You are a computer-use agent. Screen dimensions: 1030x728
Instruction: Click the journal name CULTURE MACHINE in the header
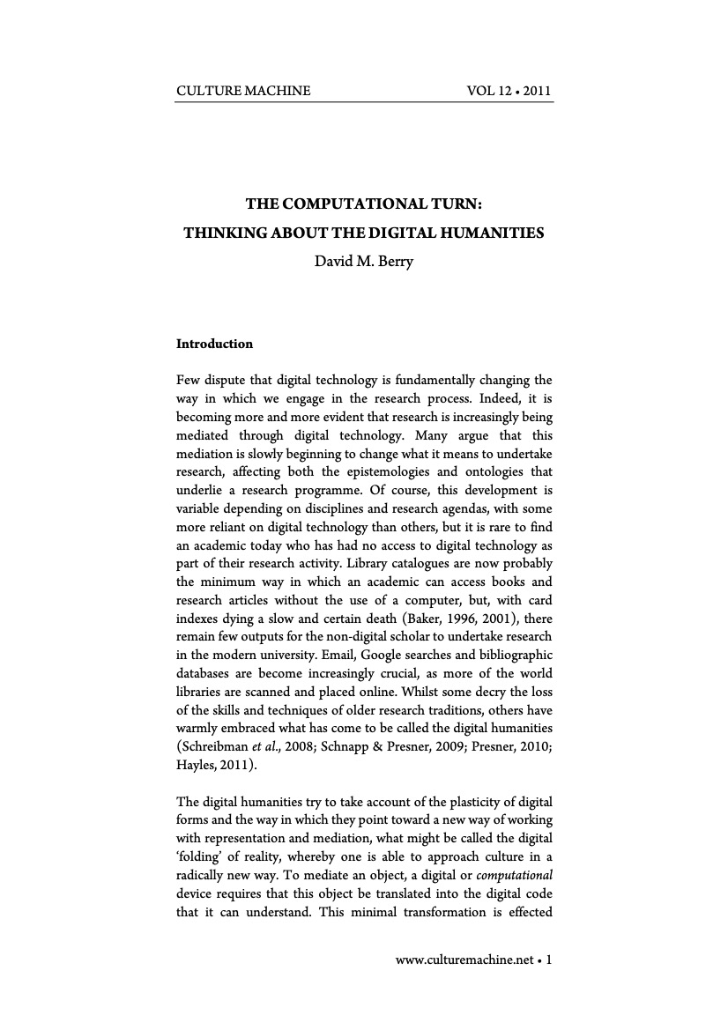click(x=243, y=91)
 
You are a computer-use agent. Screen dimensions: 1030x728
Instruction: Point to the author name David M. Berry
click(x=364, y=262)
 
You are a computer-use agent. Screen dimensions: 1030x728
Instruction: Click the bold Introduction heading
click(x=214, y=344)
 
